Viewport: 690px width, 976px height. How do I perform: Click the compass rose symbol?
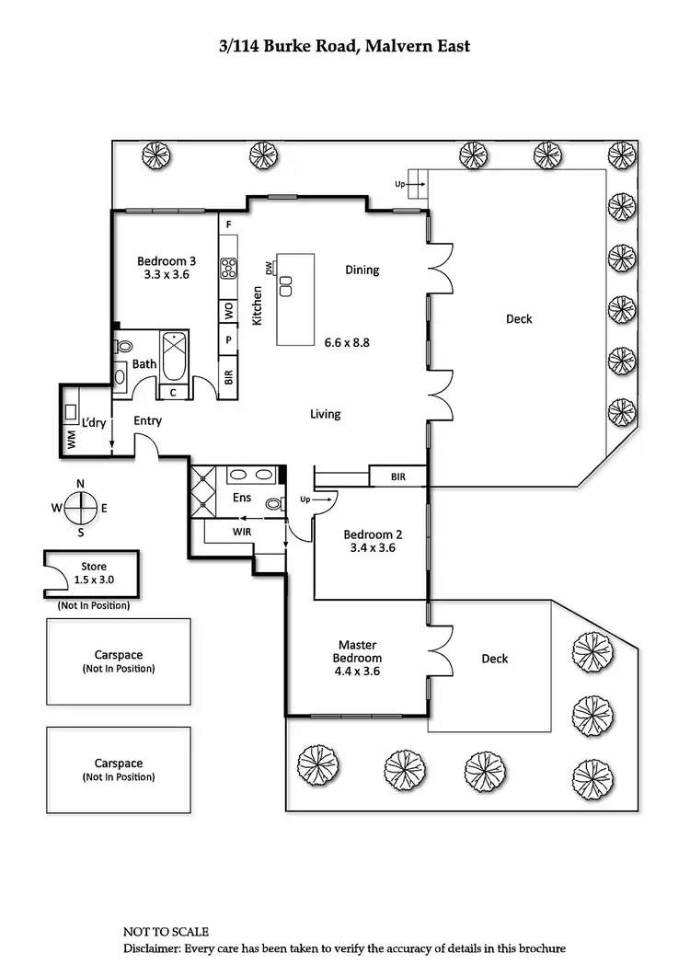[81, 507]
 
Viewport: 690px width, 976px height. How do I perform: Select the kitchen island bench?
[295, 300]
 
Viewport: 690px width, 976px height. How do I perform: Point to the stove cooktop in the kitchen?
[228, 268]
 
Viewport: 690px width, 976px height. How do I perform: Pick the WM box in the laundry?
[71, 441]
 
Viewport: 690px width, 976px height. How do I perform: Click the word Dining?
[362, 270]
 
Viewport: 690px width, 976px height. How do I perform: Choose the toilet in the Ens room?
[273, 502]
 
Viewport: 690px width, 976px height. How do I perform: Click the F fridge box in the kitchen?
[228, 224]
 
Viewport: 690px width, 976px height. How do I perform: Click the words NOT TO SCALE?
[167, 932]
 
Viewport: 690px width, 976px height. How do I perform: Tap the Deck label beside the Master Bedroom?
[495, 659]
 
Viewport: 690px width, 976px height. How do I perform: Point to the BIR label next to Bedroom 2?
[397, 477]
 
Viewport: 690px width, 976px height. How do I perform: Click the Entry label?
[147, 420]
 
